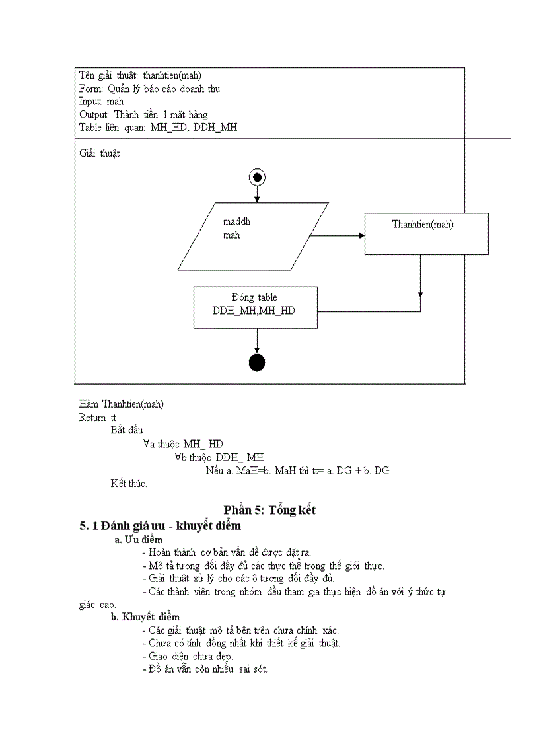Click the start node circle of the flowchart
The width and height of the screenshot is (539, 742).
pyautogui.click(x=256, y=177)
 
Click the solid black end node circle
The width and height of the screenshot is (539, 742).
pyautogui.click(x=256, y=363)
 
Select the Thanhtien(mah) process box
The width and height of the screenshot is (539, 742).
pyautogui.click(x=427, y=233)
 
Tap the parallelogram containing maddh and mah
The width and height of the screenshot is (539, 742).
pyautogui.click(x=253, y=236)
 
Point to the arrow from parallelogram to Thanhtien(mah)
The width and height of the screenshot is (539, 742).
pyautogui.click(x=337, y=235)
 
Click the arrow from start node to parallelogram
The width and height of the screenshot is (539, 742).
pyautogui.click(x=256, y=194)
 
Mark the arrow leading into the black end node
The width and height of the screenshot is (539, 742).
pyautogui.click(x=256, y=340)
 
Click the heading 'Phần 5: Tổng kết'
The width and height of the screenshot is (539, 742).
pyautogui.click(x=269, y=510)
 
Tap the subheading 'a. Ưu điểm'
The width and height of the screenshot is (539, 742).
pyautogui.click(x=139, y=540)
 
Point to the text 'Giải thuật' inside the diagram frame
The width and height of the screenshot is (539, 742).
pyautogui.click(x=100, y=154)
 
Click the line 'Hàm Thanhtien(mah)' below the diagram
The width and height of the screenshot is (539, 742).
pyautogui.click(x=122, y=404)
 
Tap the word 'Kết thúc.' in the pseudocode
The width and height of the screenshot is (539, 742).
pyautogui.click(x=129, y=483)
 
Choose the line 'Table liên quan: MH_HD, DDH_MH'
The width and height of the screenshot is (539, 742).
pyautogui.click(x=158, y=127)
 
